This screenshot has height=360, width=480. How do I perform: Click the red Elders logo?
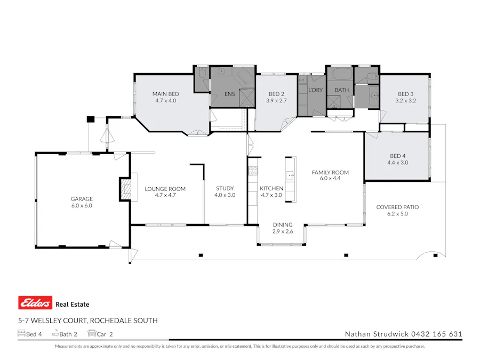point(35,303)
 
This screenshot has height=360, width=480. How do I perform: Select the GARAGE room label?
point(82,199)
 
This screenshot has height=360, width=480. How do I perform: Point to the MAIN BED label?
point(165,94)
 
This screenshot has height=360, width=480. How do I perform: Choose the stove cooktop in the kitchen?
point(253,171)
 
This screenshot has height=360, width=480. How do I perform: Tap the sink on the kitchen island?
point(290,175)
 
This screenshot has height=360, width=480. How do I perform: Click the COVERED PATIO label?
point(397,207)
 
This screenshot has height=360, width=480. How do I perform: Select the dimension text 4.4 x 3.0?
point(397,163)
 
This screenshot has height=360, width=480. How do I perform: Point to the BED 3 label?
point(405,94)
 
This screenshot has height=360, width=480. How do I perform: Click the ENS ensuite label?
point(229,94)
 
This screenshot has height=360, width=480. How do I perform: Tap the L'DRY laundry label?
point(315,90)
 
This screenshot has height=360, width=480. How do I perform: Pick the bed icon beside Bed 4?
point(21,334)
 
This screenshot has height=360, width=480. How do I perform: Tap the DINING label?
point(283,225)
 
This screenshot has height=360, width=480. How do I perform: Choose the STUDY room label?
point(225,188)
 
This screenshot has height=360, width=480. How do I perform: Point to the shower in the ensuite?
point(247,96)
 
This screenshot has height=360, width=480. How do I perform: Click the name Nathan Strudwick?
point(376,334)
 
